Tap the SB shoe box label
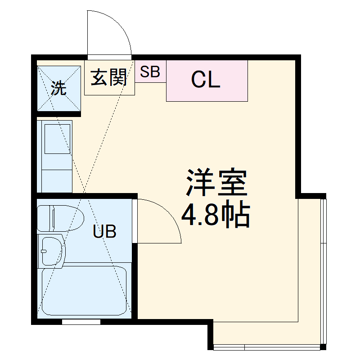coord(150,72)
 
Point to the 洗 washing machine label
coord(58,88)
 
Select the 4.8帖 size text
coord(215,216)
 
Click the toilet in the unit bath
coord(60,218)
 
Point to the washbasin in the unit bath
coord(52,250)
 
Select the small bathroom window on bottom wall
coord(81,322)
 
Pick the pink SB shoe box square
coord(150,72)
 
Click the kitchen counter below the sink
coord(57,179)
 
